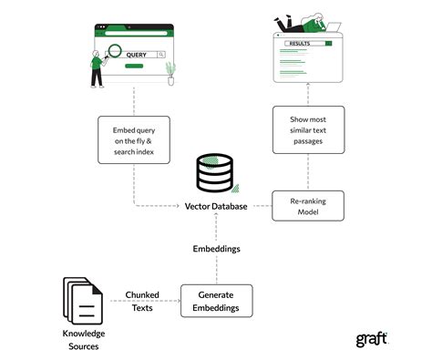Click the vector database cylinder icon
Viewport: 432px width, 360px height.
tap(216, 173)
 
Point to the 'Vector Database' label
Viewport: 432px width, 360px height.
tap(216, 207)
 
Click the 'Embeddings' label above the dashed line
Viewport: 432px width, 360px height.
tap(216, 247)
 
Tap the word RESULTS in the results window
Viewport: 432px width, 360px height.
tap(300, 43)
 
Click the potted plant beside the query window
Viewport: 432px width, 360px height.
tap(170, 73)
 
